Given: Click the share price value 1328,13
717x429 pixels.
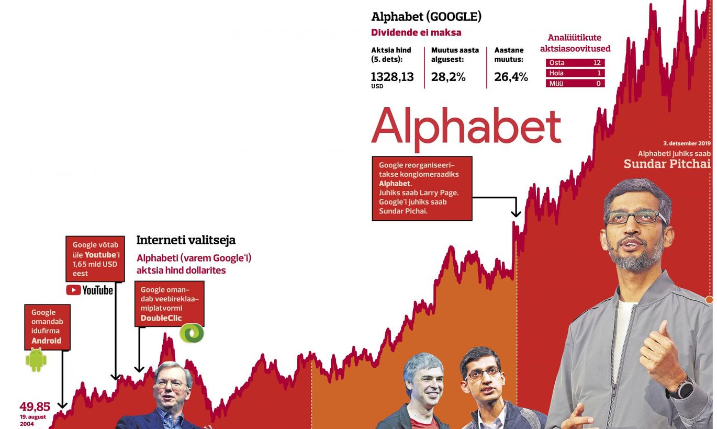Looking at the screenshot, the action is [392, 77].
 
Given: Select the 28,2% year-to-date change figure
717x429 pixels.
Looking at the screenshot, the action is [448, 77].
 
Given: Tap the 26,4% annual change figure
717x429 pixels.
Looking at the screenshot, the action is [511, 77].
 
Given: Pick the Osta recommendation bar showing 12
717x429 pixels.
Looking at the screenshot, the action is [575, 63].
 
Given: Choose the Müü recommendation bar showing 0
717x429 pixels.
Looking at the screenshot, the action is [575, 84].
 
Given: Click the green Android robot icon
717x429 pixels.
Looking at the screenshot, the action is [36, 360].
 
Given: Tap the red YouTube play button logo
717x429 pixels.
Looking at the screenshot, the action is [73, 290].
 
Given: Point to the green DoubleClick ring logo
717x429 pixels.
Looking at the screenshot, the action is [192, 333].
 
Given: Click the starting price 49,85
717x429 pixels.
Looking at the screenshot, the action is [35, 407].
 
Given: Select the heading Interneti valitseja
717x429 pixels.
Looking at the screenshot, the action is [186, 240].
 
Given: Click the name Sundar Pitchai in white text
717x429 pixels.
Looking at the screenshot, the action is [667, 164].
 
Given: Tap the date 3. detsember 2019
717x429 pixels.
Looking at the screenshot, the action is [687, 143].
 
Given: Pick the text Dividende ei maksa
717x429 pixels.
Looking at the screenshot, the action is [416, 32].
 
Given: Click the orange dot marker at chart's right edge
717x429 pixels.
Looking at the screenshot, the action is [709, 299].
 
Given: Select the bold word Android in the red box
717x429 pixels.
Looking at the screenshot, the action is [47, 341].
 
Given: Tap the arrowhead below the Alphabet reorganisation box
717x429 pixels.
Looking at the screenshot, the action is [516, 213].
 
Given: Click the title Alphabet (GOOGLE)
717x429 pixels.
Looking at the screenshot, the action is [426, 17].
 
